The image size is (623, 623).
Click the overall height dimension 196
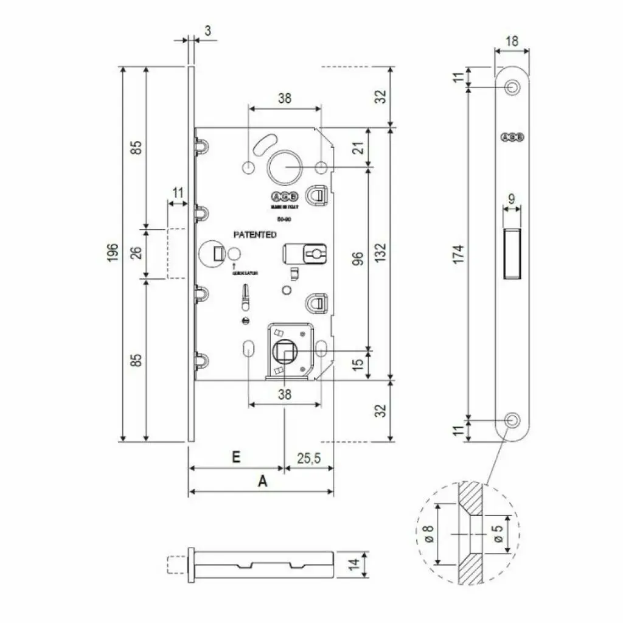[x=111, y=253]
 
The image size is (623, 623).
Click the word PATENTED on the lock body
[x=256, y=234]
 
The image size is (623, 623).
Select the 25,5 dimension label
[x=309, y=458]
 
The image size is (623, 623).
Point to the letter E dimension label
[x=237, y=457]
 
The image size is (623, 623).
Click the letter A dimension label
[x=262, y=481]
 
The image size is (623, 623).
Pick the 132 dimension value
[x=380, y=253]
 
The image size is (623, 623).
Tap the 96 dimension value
[x=358, y=260]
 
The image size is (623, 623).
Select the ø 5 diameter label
[x=498, y=534]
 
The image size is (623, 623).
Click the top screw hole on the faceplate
[x=513, y=88]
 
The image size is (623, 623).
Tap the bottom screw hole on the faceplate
[x=513, y=419]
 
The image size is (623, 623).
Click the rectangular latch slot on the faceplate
[x=512, y=252]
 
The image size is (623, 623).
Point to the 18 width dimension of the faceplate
[x=512, y=41]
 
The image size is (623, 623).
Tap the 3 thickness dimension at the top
[x=207, y=30]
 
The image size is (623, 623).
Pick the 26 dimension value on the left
[x=137, y=253]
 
